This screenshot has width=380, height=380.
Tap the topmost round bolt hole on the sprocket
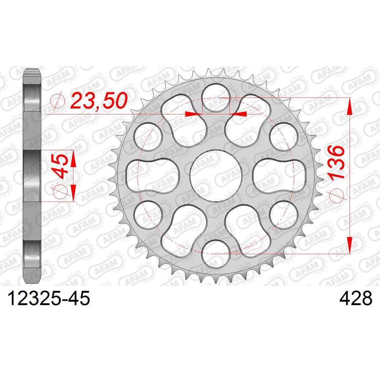tap(216, 98)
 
